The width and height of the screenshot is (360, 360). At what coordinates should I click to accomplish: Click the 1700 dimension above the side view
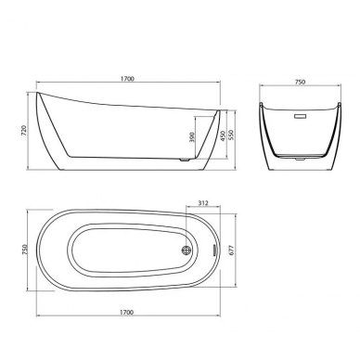[x=127, y=79]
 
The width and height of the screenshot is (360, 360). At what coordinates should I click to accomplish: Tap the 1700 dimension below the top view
[x=126, y=312]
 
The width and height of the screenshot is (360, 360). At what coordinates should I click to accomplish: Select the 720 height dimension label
[x=25, y=130]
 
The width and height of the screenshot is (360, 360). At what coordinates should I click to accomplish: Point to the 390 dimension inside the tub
[x=192, y=136]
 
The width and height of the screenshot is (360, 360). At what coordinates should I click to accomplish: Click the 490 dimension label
[x=223, y=136]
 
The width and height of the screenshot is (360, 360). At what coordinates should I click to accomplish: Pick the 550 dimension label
[x=232, y=135]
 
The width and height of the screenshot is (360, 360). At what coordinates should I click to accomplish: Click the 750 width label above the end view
[x=300, y=82]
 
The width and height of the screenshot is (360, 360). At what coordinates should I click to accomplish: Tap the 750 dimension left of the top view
[x=25, y=250]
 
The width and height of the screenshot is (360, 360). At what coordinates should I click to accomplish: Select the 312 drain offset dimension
[x=203, y=203]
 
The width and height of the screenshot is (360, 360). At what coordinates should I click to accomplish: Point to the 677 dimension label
[x=232, y=250]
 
